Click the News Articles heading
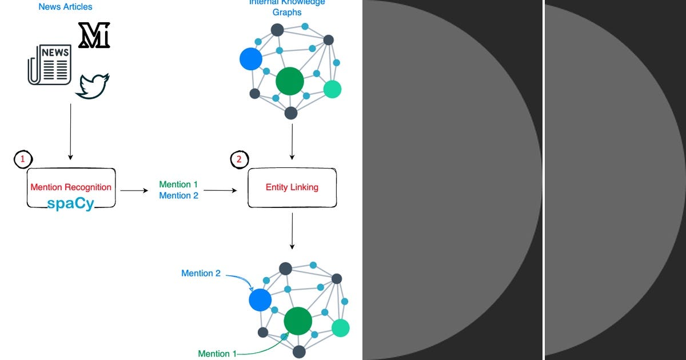point(65,7)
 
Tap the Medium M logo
point(94,35)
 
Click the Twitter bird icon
point(92,86)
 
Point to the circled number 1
point(22,159)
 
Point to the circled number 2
point(239,159)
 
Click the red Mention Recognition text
point(71,187)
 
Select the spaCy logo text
point(71,204)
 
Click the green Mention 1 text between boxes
point(178,185)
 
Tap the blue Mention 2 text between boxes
point(178,195)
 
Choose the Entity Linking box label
point(292,187)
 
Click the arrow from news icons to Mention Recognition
point(70,131)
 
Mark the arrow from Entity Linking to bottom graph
point(292,231)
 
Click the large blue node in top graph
point(250,59)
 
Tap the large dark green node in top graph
point(289,81)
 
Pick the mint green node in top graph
point(332,89)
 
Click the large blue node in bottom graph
point(260,299)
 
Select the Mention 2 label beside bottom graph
point(201,273)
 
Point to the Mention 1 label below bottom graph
point(217,354)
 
